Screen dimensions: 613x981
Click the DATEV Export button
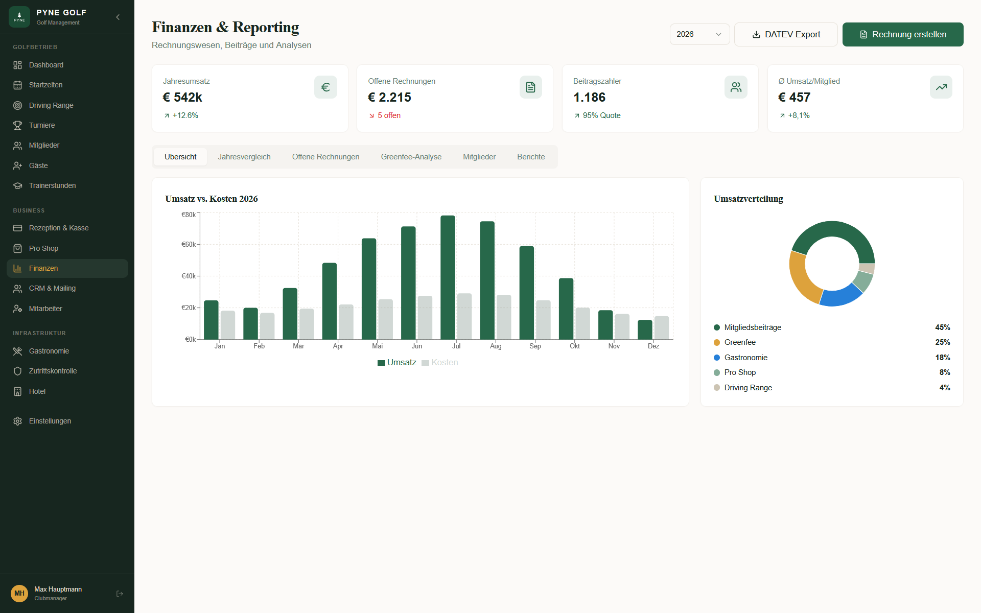point(785,34)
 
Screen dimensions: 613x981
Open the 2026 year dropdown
point(699,34)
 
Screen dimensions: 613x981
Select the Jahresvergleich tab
point(244,157)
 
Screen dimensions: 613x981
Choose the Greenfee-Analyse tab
point(411,157)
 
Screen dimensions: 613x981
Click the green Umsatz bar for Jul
point(448,277)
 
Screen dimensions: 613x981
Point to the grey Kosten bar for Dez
point(662,327)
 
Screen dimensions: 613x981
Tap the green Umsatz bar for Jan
point(211,320)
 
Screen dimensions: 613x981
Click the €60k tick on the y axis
point(189,245)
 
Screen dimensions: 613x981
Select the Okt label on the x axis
point(574,346)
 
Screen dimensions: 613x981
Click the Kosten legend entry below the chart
point(440,363)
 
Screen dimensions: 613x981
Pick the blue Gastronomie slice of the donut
point(840,296)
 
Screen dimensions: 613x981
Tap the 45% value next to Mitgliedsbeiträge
point(942,327)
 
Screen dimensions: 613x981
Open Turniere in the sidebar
point(42,125)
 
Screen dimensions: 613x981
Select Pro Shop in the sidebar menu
point(43,248)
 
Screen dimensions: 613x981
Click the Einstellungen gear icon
point(18,421)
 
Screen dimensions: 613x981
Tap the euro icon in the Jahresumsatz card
point(325,87)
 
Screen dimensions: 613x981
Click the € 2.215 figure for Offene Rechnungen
point(389,97)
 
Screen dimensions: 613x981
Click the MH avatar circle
point(19,593)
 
